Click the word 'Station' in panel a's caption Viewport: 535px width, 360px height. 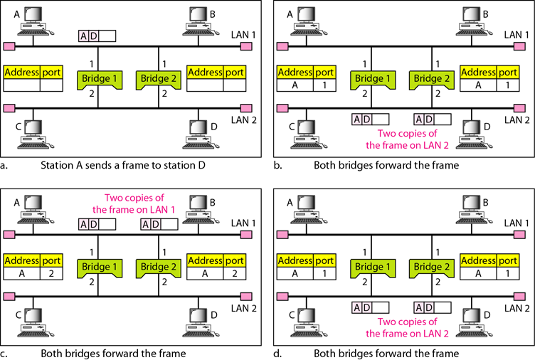tap(58, 164)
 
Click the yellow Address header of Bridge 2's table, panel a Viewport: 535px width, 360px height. tap(205, 72)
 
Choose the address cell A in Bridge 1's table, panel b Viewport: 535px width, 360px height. tap(294, 85)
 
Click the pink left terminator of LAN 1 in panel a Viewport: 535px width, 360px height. tap(9, 47)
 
